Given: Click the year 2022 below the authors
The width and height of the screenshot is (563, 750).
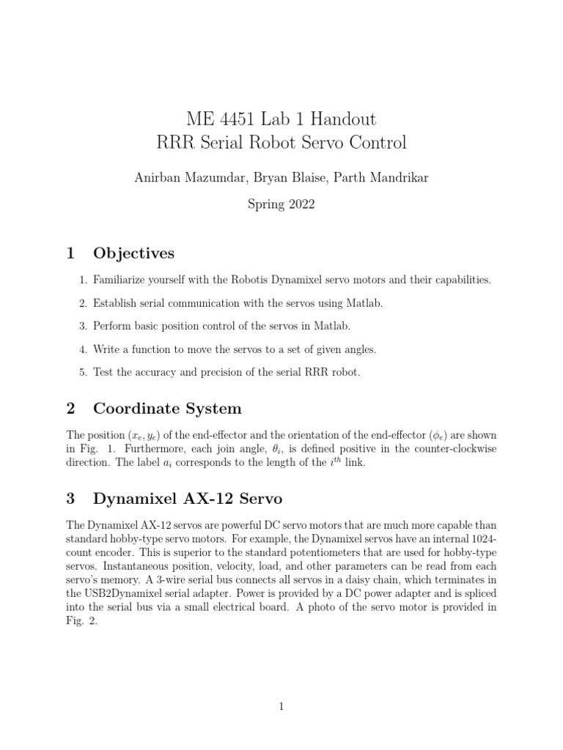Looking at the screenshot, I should [x=300, y=204].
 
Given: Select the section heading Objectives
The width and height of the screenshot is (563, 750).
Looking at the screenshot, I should [x=133, y=253].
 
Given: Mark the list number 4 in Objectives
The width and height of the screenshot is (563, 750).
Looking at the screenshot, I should [x=83, y=349].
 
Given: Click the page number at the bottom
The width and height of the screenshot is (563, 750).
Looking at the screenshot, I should [x=281, y=706].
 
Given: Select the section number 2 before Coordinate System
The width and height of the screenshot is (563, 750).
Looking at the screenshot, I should [x=70, y=408].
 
